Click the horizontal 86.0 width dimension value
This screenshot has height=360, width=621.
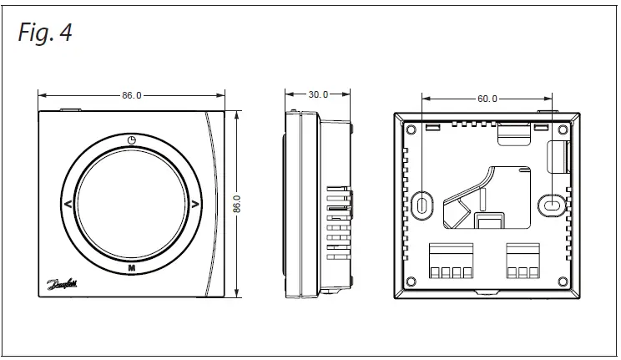131,95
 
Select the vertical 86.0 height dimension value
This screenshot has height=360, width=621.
237,204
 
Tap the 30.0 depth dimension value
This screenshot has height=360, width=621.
318,95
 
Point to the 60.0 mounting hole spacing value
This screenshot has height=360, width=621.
487,98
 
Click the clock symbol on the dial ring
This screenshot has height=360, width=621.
131,139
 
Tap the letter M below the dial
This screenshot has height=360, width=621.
131,267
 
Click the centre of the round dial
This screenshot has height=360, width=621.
131,204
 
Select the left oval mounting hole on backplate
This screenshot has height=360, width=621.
422,204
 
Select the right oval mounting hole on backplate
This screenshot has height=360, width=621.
551,203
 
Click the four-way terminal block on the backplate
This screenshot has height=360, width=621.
451,263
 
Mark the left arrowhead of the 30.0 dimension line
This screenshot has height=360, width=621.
287,95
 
